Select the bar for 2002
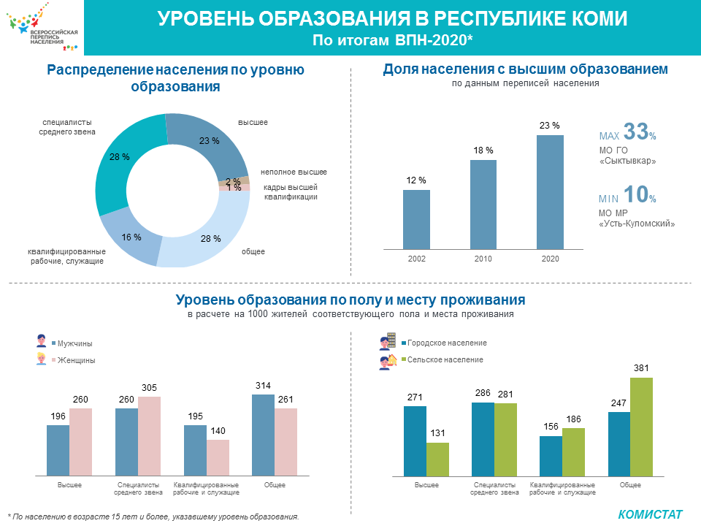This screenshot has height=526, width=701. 416,219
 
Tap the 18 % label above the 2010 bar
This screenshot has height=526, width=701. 483,150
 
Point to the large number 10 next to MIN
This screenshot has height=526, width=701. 636,195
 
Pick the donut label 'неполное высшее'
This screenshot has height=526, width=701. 294,172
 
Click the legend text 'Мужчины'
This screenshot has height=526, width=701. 75,343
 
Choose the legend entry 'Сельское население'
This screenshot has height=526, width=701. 445,360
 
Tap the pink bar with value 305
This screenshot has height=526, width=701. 149,436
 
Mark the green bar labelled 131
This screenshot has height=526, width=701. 437,459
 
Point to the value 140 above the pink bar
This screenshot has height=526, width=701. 218,432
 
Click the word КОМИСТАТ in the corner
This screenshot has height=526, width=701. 650,514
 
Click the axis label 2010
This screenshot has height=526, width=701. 483,259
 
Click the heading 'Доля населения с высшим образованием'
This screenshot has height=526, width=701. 525,69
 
